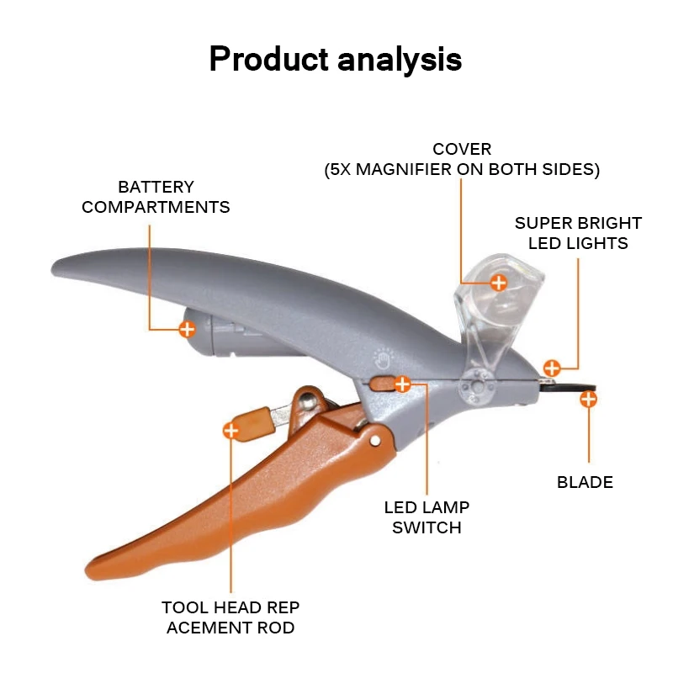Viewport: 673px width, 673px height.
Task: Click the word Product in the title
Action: [267, 60]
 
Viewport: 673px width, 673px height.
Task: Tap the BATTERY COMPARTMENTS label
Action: [156, 197]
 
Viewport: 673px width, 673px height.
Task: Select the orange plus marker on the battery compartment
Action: [187, 329]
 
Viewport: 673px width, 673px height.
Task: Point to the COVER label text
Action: [462, 150]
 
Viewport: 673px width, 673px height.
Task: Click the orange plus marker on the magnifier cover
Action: [498, 283]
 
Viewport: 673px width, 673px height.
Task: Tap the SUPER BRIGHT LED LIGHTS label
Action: [578, 233]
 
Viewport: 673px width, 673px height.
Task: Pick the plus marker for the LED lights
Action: [552, 368]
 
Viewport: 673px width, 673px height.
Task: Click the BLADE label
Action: [585, 482]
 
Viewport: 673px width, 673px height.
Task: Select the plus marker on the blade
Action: [588, 399]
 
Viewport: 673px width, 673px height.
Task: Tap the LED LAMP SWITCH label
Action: [427, 517]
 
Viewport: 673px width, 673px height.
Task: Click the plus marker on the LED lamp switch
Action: [402, 384]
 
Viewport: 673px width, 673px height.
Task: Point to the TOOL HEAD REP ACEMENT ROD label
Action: [231, 617]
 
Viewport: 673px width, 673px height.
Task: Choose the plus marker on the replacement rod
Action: [231, 431]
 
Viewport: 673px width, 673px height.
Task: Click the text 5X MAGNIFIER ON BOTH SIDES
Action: [462, 169]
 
